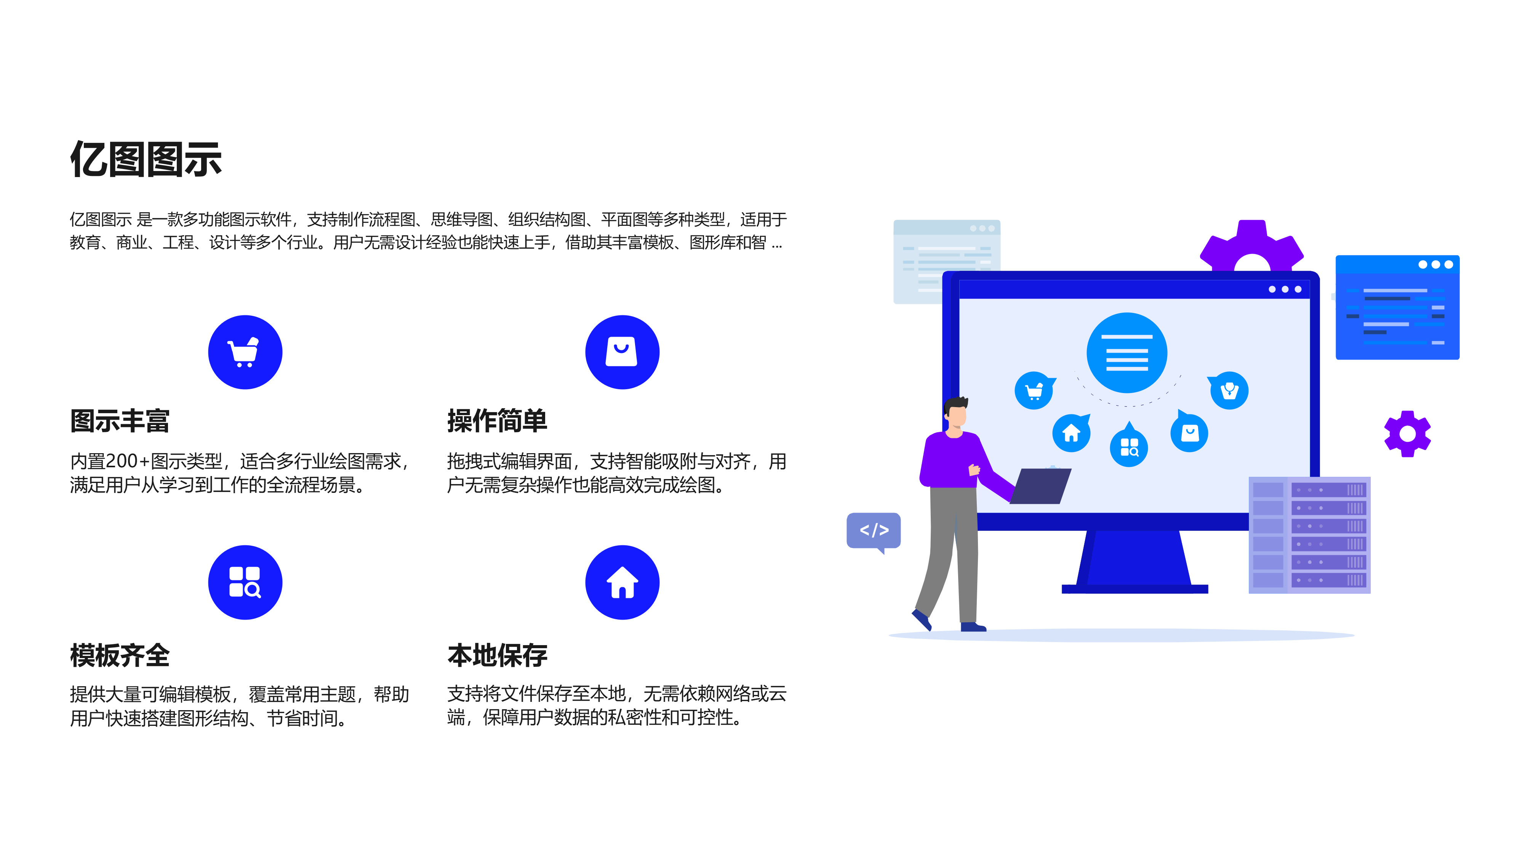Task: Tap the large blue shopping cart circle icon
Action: [245, 352]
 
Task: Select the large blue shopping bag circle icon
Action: [622, 352]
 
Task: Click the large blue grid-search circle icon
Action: [245, 582]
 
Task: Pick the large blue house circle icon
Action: [622, 582]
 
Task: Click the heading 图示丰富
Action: [120, 421]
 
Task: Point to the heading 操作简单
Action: [497, 421]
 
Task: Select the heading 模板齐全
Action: [120, 655]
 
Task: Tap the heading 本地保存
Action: [497, 655]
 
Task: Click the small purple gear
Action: [1407, 434]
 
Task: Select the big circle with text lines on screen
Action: [1127, 353]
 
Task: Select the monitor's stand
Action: [1134, 562]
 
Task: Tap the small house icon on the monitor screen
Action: [1071, 433]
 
